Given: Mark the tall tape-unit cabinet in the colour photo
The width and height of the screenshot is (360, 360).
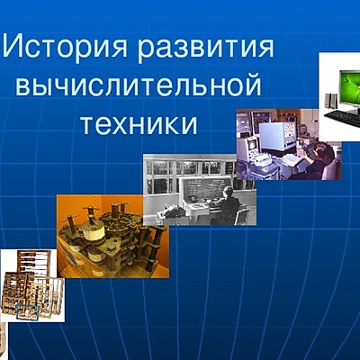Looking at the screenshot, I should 247,135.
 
